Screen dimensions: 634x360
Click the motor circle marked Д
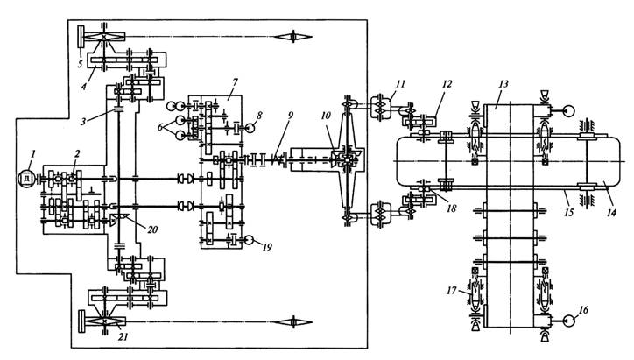[x=27, y=179]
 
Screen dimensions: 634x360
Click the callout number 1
[x=33, y=153]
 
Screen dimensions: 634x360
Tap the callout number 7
[x=235, y=83]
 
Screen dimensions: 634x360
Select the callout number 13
[x=504, y=84]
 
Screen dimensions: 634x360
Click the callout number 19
[x=267, y=247]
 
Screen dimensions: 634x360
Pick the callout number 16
[x=583, y=310]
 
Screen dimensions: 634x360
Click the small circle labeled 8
[x=250, y=129]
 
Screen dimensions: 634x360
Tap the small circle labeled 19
[x=249, y=240]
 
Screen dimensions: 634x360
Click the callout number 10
[x=326, y=116]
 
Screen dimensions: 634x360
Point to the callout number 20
[x=152, y=229]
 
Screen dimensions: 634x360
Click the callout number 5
[x=80, y=64]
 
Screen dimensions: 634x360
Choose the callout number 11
[x=400, y=84]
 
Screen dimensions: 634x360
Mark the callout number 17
[x=452, y=291]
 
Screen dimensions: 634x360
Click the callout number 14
[x=611, y=212]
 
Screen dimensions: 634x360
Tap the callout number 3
[x=83, y=121]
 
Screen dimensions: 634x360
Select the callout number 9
[x=290, y=115]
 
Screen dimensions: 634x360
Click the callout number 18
[x=452, y=208]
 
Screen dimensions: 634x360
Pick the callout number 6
[x=161, y=127]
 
